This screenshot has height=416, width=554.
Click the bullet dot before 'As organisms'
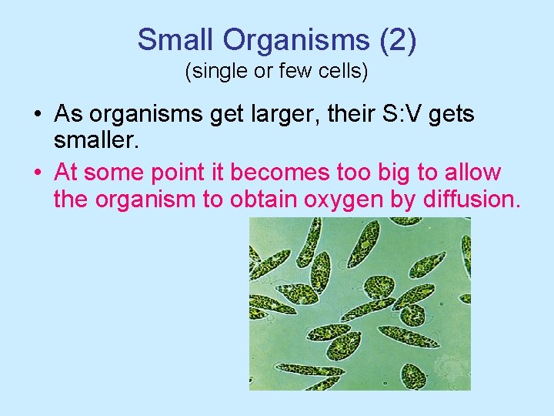(38, 116)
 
